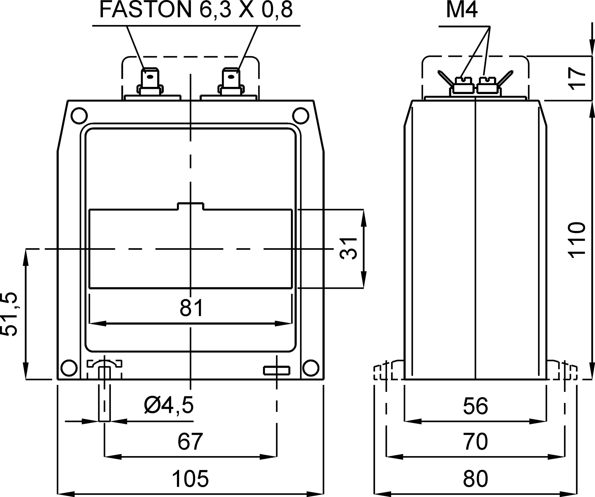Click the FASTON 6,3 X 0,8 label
196,10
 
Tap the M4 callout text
462,10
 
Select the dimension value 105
190,479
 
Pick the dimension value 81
192,308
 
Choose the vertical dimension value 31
348,248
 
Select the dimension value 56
476,406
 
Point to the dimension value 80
476,479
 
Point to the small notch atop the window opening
191,206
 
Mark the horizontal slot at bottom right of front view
276,370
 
